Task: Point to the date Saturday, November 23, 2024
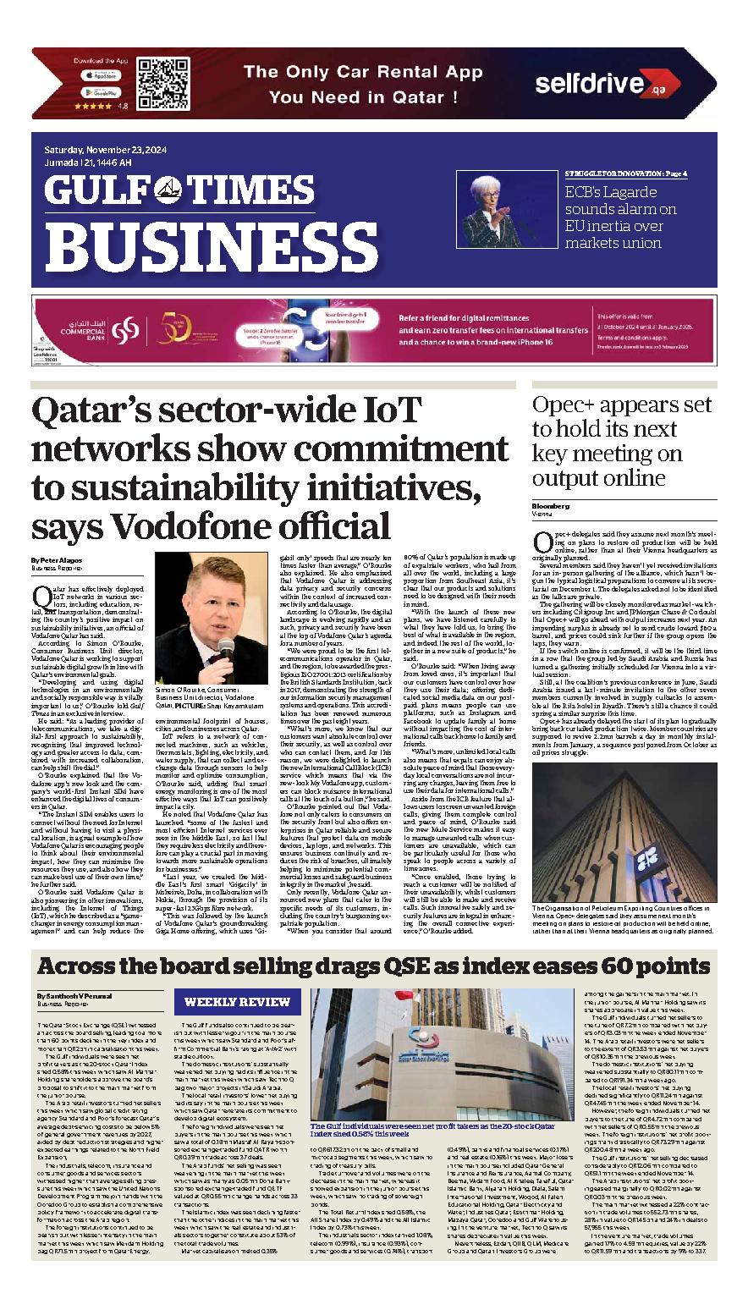(x=107, y=151)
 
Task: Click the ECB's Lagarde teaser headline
(x=620, y=217)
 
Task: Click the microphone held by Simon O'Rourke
(x=225, y=648)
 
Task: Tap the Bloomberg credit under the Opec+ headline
(x=551, y=505)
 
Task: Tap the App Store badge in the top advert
(x=102, y=75)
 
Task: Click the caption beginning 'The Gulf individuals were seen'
(x=432, y=1131)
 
